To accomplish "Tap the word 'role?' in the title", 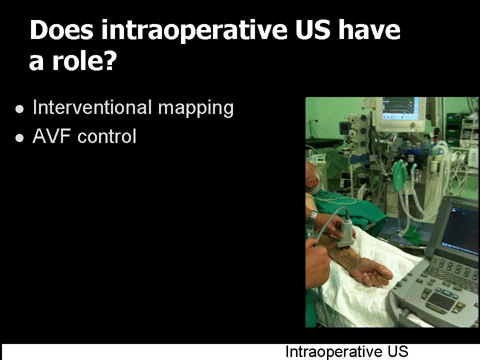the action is [x=85, y=60].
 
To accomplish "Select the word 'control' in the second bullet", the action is [x=107, y=136].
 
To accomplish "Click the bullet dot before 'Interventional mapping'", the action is [x=19, y=109].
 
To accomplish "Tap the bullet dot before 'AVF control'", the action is [x=19, y=138].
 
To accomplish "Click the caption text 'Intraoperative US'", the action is [x=347, y=351].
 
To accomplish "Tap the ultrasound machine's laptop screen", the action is [x=460, y=229].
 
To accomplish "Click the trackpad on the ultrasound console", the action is [x=440, y=301].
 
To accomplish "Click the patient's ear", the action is [x=311, y=183].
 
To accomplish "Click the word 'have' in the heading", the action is [x=369, y=29].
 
